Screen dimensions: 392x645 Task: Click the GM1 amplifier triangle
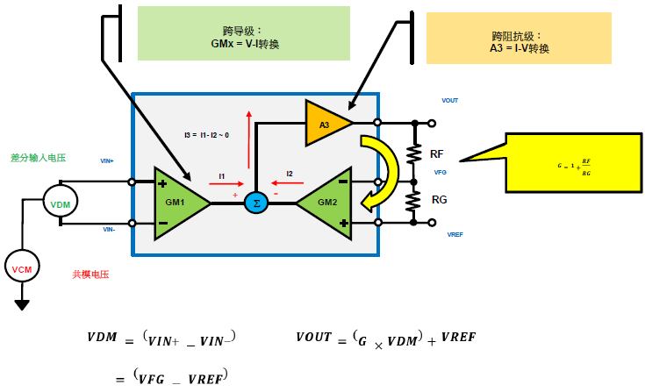(x=178, y=203)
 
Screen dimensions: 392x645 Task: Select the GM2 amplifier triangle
(x=324, y=203)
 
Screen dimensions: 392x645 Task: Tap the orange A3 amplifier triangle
(x=326, y=124)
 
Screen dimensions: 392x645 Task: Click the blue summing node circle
(x=255, y=203)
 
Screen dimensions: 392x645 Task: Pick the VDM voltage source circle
(x=60, y=204)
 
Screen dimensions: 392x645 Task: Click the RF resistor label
(x=437, y=153)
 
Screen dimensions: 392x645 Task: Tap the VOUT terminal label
(x=449, y=101)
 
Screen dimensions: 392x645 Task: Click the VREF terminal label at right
(x=455, y=235)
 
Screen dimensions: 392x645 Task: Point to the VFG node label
(x=441, y=173)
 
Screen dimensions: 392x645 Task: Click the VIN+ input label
(x=108, y=161)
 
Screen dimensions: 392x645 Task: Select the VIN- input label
(x=109, y=229)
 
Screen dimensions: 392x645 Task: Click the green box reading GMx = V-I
(x=243, y=33)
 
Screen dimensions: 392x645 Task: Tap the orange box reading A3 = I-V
(x=519, y=38)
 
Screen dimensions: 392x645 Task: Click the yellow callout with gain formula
(x=571, y=163)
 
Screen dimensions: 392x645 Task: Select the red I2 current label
(x=290, y=175)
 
